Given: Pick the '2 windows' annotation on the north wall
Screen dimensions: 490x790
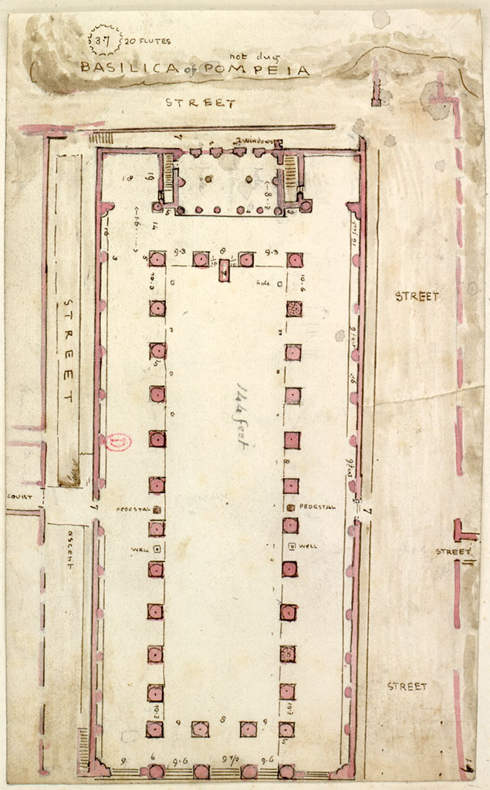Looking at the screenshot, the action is point(254,140).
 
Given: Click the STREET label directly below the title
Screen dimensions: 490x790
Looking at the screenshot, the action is point(200,103).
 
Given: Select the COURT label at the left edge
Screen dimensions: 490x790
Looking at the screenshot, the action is point(19,497).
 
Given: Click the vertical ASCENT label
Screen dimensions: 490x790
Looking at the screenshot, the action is point(69,549).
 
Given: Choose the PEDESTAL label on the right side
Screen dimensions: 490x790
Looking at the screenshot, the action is point(317,507).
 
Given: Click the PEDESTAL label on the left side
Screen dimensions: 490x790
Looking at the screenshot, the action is point(133,509).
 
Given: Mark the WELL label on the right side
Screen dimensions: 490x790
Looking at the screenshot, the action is point(309,546).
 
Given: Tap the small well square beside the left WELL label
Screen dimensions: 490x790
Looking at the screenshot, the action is point(157,549).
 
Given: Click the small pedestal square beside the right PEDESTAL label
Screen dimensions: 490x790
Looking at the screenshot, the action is point(290,507).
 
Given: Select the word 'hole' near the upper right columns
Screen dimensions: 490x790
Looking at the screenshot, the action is point(264,283).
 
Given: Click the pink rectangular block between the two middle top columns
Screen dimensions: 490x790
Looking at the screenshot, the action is point(224,270).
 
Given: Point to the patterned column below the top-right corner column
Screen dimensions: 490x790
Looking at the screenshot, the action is point(293,309).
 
